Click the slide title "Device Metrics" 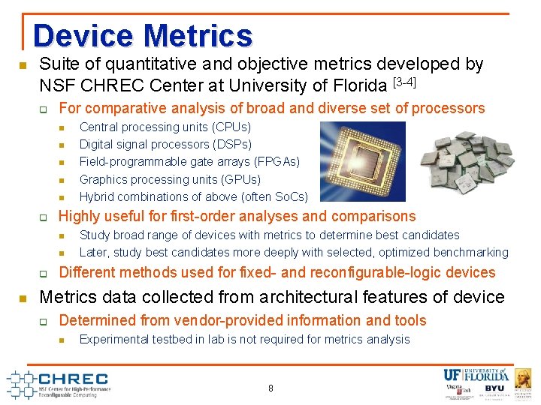click(143, 36)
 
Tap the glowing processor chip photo click(362, 162)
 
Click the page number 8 click(270, 388)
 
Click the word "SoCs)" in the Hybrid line click(292, 197)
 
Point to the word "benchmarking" click(471, 253)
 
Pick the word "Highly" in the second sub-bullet click(79, 217)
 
